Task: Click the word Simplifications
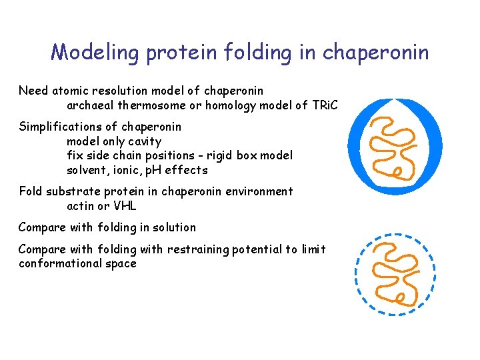coord(59,127)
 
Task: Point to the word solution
coord(174,227)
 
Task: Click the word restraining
coord(198,249)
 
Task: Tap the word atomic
coord(67,90)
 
